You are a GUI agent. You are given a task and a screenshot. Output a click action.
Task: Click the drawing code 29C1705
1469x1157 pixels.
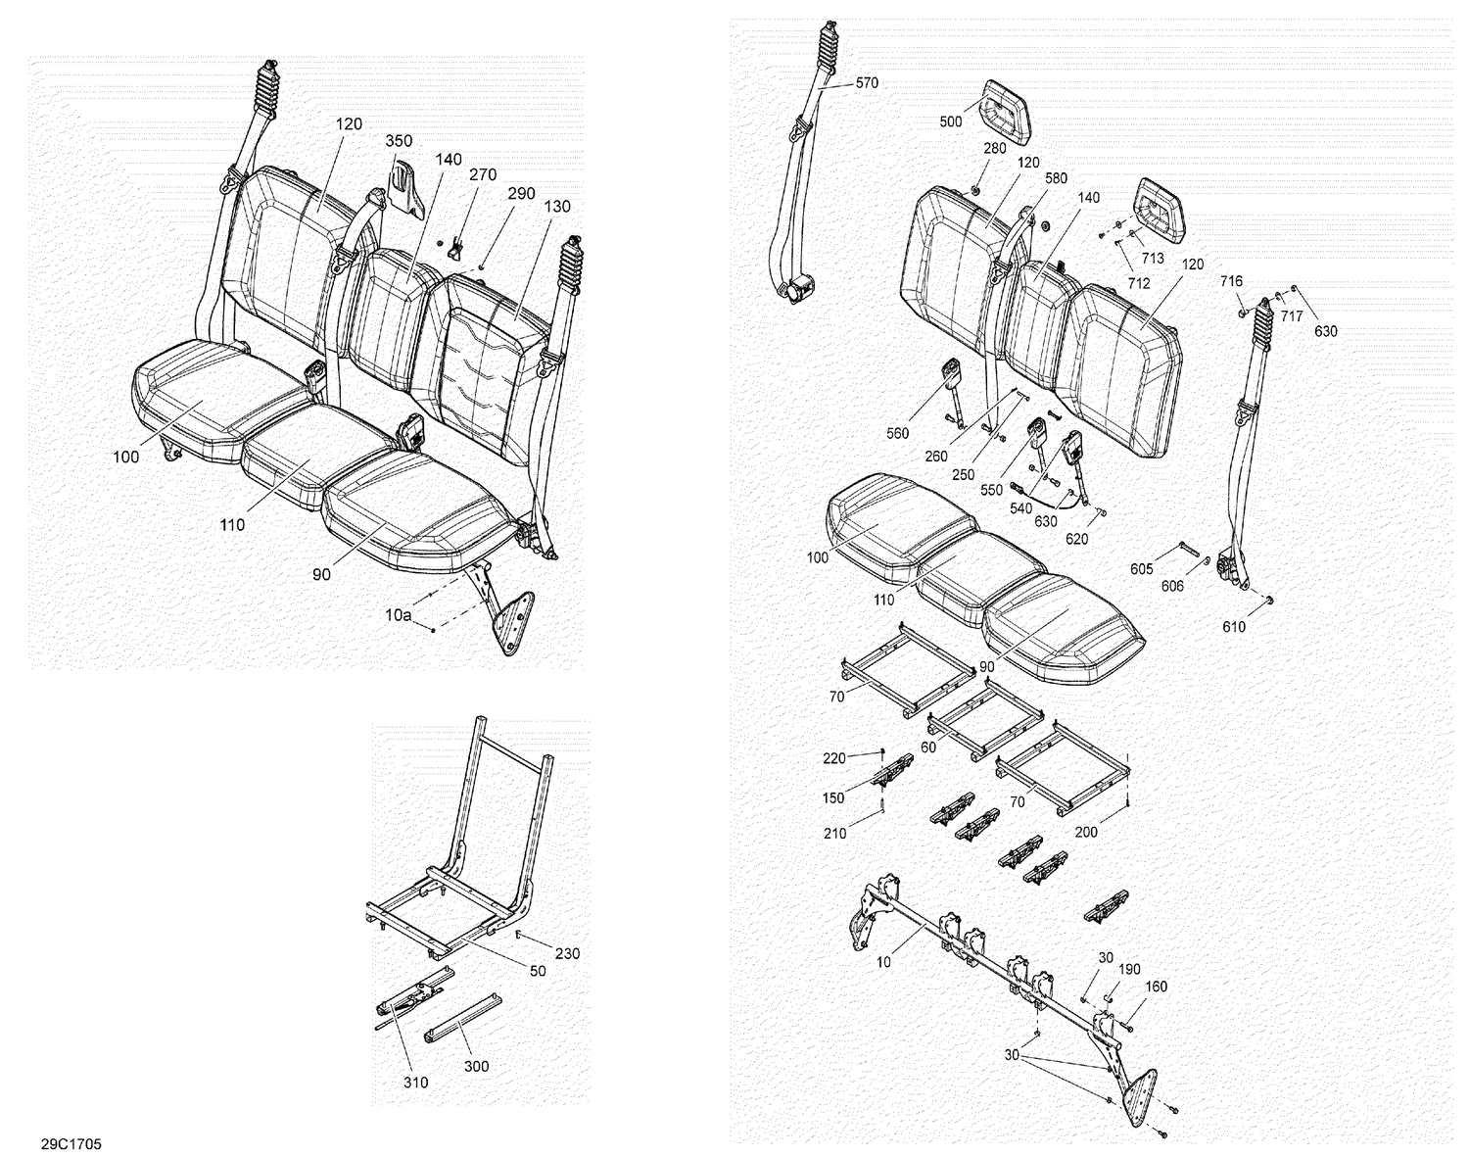click(71, 1143)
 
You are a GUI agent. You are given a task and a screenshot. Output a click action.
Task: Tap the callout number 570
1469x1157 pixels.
click(867, 83)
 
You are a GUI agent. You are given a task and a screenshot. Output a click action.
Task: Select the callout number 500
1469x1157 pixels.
click(951, 121)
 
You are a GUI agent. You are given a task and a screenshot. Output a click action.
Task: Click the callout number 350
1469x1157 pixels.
click(399, 141)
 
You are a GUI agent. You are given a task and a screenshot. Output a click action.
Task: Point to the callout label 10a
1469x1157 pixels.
click(398, 615)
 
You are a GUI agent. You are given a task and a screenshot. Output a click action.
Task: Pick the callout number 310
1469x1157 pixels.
click(414, 1083)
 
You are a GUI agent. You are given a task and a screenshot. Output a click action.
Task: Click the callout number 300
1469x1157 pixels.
click(476, 1066)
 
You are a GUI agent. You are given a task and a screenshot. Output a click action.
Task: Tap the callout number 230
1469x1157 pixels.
click(567, 953)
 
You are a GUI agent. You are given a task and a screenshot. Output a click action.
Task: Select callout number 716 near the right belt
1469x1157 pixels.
click(1231, 282)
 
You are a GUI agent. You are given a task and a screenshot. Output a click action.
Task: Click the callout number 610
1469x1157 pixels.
click(1234, 627)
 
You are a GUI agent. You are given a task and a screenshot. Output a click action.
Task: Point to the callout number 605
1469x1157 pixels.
click(1141, 569)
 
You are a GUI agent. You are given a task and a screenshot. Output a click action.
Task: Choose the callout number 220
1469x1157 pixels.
click(833, 757)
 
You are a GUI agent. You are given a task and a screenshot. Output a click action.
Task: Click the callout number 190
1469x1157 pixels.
click(1129, 969)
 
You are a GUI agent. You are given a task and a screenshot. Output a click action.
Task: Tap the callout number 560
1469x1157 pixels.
click(896, 433)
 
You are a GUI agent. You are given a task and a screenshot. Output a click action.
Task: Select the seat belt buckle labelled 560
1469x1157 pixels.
click(951, 377)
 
